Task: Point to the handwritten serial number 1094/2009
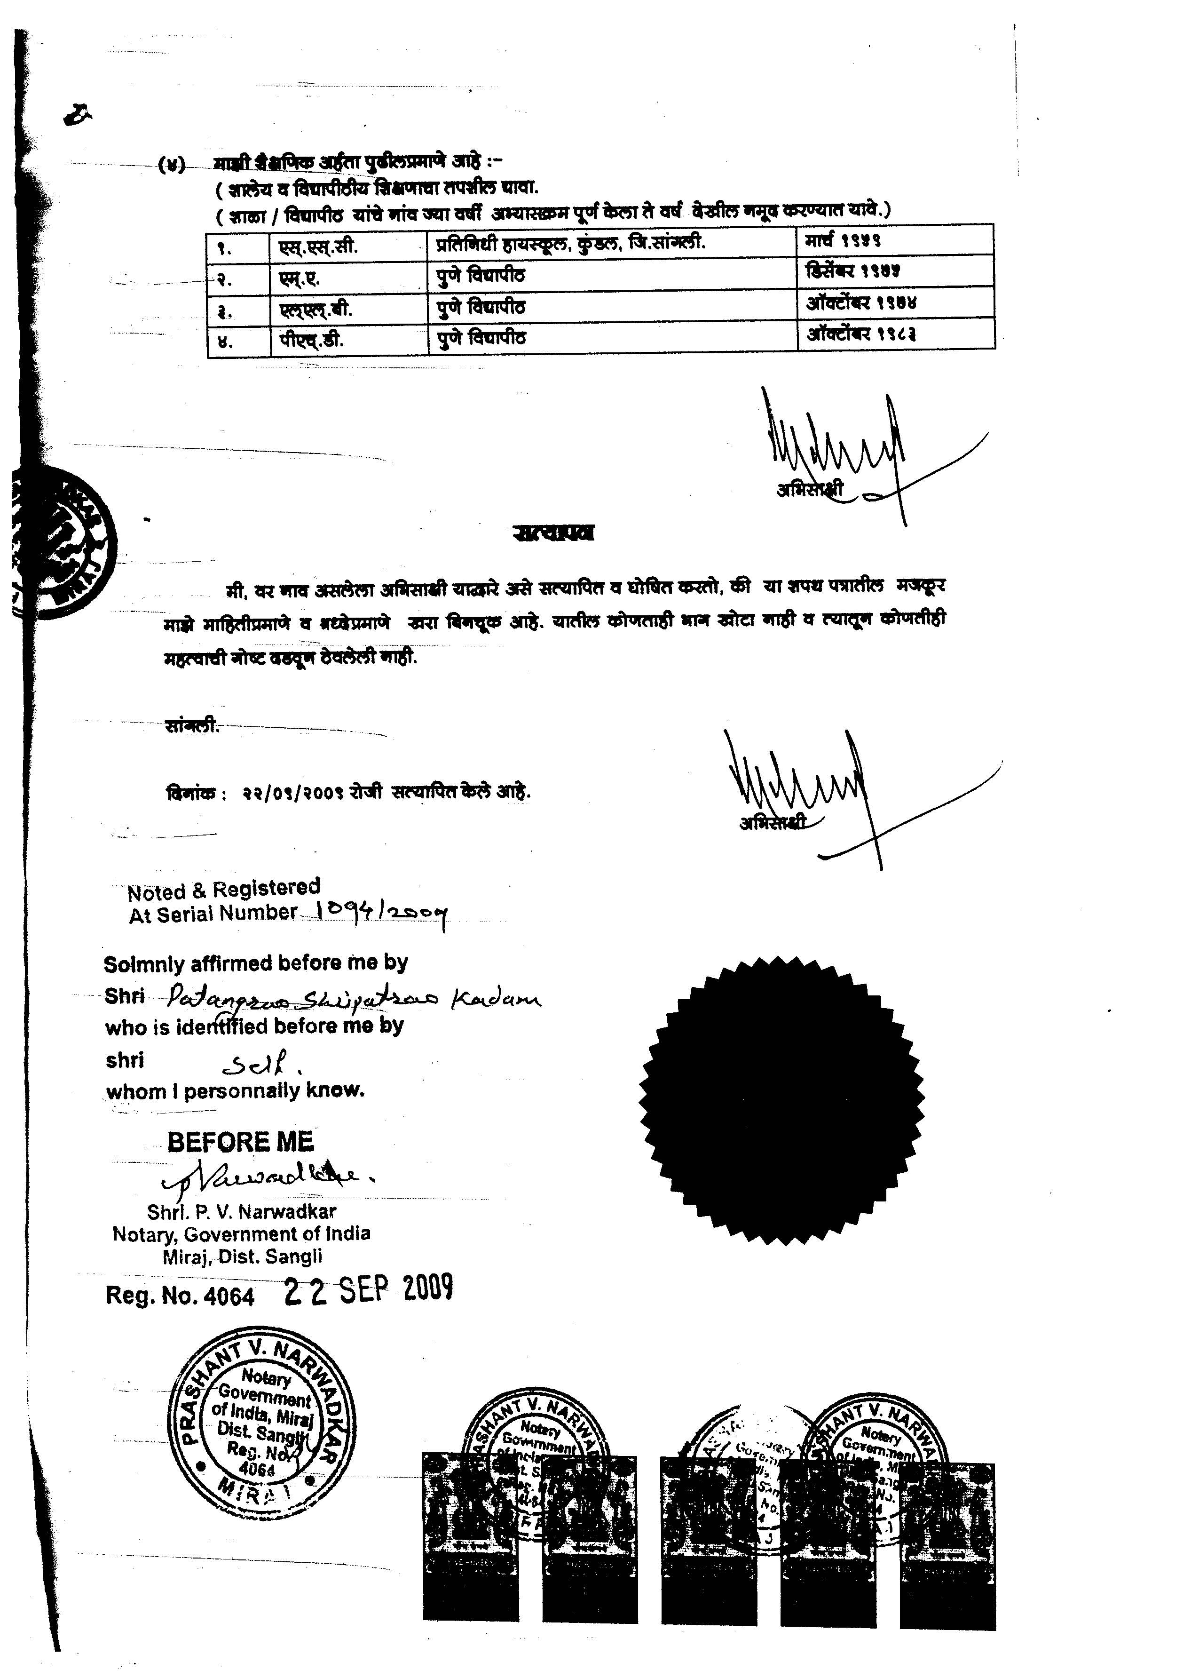(x=381, y=915)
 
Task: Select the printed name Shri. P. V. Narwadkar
(x=241, y=1211)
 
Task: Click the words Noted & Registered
(x=224, y=889)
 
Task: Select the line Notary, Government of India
(x=241, y=1234)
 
